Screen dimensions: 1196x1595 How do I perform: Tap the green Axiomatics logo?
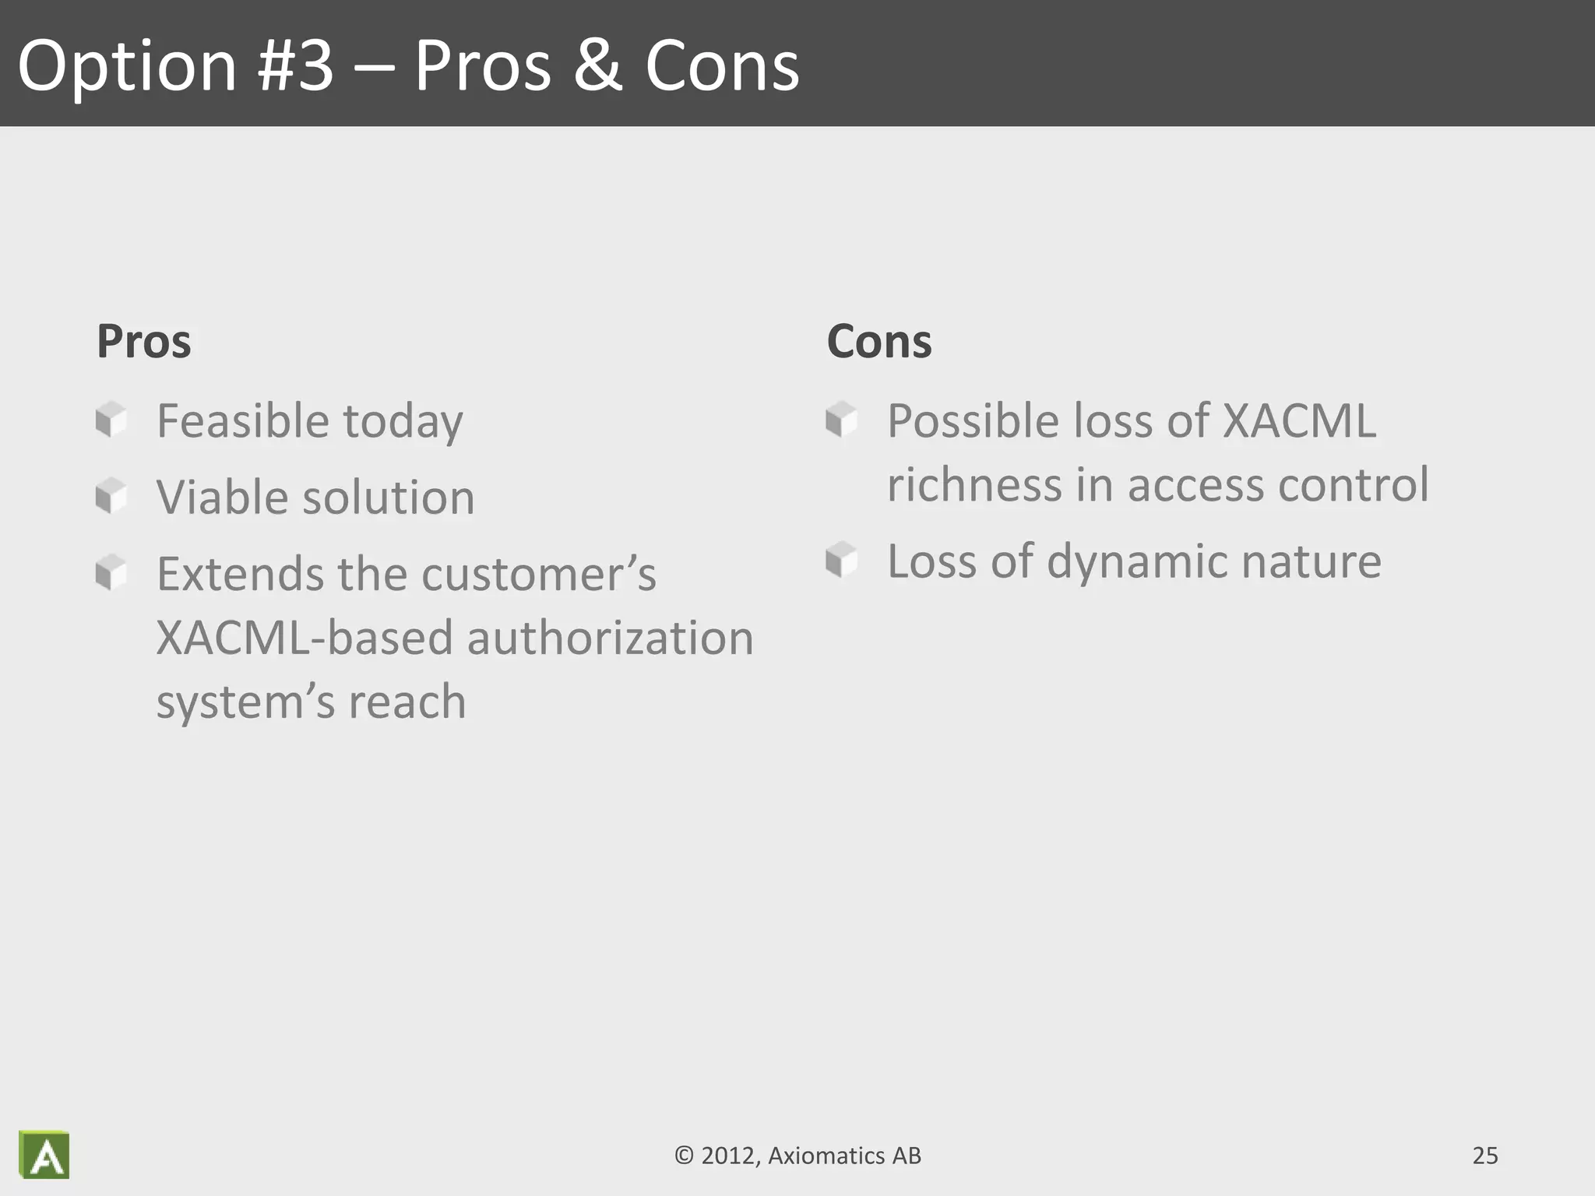coord(44,1155)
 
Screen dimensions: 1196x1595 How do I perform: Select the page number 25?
coord(1484,1156)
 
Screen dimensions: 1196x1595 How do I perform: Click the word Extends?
coord(239,574)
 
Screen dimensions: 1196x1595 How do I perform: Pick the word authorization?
coord(609,638)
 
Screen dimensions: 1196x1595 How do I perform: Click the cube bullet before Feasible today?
coord(111,420)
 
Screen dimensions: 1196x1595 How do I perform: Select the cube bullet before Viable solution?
coord(111,496)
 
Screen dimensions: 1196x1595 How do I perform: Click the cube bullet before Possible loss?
coord(841,420)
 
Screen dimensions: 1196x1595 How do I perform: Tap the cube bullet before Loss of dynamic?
coord(841,560)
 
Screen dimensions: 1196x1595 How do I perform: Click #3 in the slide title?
coord(296,65)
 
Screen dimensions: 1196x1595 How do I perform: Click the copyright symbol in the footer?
coord(683,1156)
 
